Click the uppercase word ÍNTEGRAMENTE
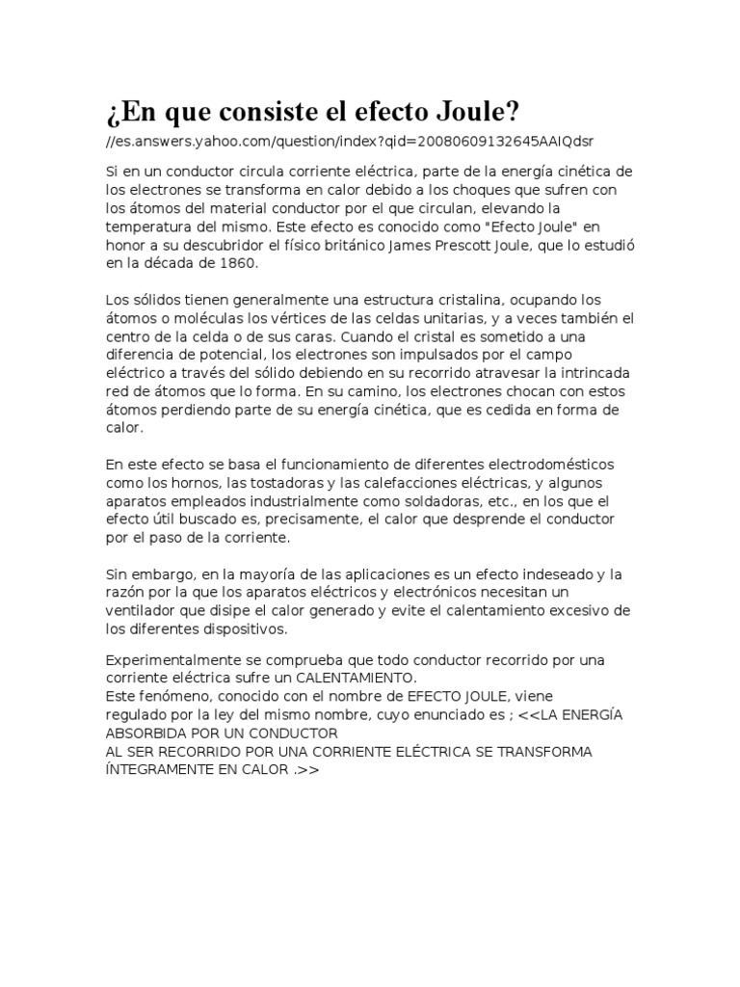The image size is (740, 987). coord(155,769)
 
